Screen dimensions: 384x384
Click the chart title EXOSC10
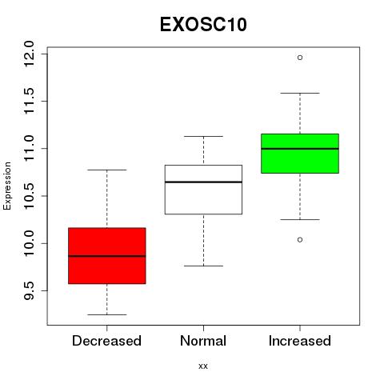tap(203, 25)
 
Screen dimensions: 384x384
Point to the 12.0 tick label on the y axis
tap(29, 54)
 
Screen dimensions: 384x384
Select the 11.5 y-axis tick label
tap(29, 101)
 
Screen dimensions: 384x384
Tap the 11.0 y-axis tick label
tap(29, 148)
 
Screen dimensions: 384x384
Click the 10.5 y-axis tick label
tap(29, 196)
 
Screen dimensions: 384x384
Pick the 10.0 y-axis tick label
tap(29, 243)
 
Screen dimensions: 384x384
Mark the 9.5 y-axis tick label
tap(29, 290)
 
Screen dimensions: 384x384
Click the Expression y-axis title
tap(7, 186)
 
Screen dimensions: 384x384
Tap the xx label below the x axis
tap(203, 366)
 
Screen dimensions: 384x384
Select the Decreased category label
tap(106, 341)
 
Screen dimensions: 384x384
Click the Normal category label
tap(203, 341)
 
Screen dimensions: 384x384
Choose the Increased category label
tap(300, 341)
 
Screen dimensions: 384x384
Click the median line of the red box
tap(107, 256)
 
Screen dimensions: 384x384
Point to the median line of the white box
tap(203, 182)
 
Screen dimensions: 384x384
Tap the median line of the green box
tap(300, 149)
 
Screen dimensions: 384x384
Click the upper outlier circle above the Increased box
tap(300, 58)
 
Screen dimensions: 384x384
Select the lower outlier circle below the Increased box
tap(300, 240)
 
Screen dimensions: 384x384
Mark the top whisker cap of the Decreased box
tap(107, 170)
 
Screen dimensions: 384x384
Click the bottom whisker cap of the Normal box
tap(203, 266)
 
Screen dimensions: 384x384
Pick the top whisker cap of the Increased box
tap(300, 93)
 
